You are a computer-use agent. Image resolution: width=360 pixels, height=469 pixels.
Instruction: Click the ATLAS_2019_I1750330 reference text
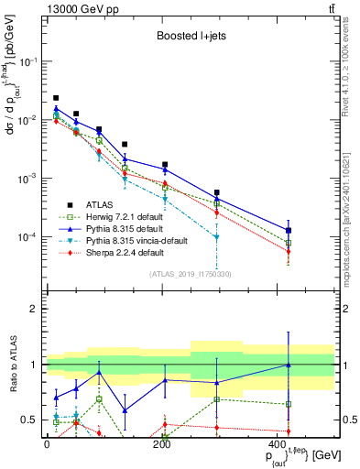point(191,274)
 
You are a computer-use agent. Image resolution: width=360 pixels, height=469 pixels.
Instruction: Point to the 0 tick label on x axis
point(47,445)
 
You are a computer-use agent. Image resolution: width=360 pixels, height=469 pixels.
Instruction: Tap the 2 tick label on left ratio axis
point(35,310)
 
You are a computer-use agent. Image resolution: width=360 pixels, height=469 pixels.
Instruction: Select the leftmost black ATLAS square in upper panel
point(56,98)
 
